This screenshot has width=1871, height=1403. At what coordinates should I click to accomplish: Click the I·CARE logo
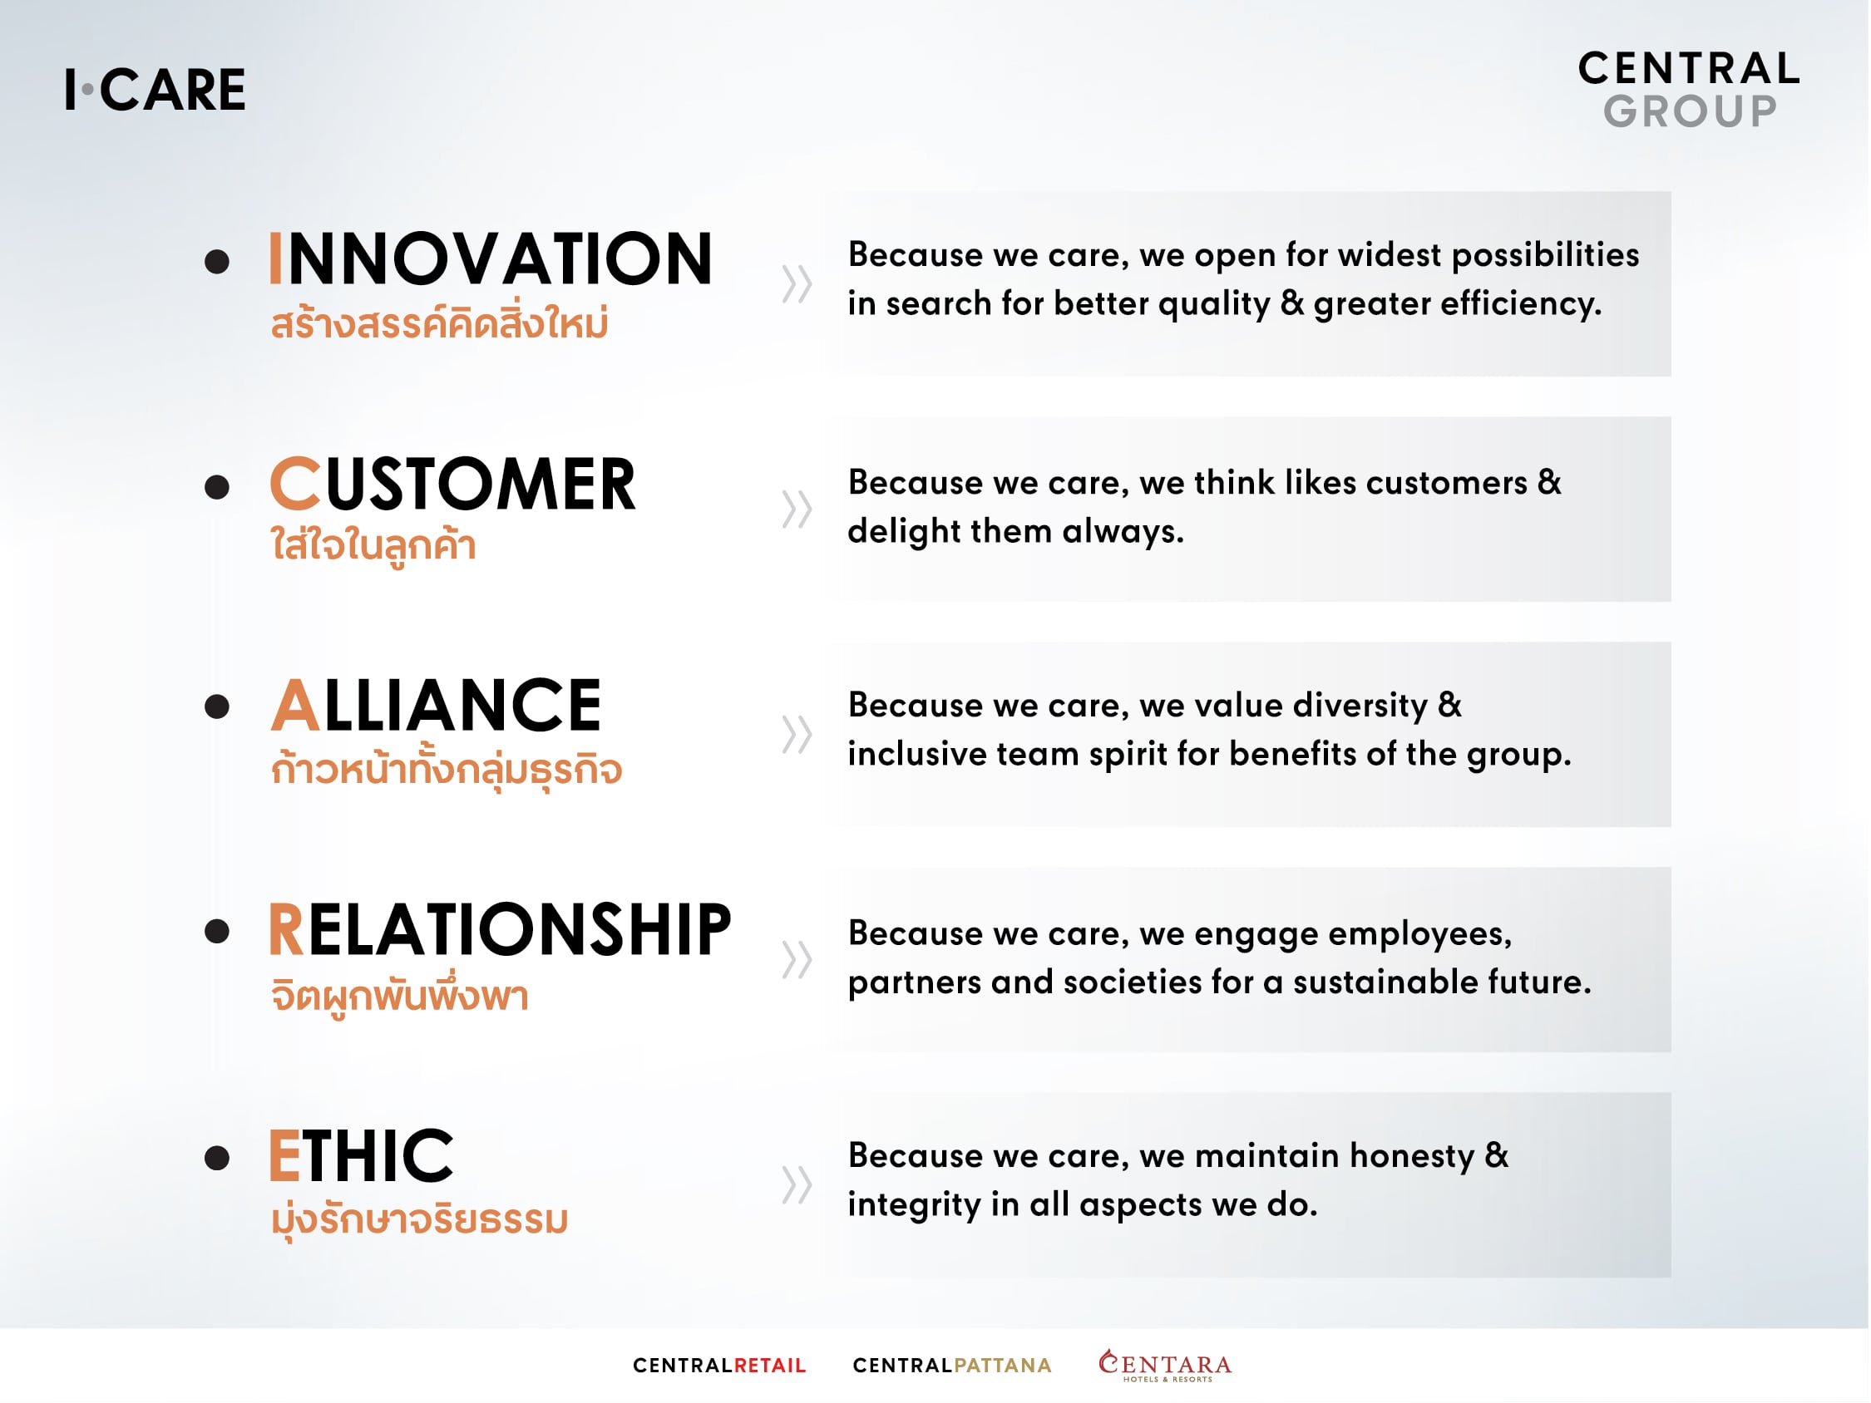(x=155, y=90)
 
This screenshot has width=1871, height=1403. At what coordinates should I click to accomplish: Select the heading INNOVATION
(x=491, y=258)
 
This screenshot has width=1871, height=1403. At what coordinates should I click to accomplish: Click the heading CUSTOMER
(x=452, y=485)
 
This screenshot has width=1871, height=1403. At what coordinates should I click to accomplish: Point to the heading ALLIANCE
(x=436, y=706)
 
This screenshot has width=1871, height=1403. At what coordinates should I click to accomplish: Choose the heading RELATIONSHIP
(x=500, y=929)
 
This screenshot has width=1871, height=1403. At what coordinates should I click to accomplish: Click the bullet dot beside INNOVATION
(x=217, y=261)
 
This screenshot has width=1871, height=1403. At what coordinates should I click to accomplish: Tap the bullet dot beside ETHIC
(x=217, y=1158)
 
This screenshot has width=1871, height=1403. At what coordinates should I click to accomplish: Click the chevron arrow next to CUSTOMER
(x=797, y=510)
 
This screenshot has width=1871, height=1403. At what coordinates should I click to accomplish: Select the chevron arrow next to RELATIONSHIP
(x=797, y=959)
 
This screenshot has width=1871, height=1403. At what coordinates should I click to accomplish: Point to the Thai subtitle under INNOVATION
(x=439, y=322)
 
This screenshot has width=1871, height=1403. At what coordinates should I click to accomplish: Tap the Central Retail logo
(x=719, y=1365)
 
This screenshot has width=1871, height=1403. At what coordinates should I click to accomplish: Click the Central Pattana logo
(x=951, y=1365)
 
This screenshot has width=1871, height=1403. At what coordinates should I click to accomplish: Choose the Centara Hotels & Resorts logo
(x=1165, y=1365)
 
